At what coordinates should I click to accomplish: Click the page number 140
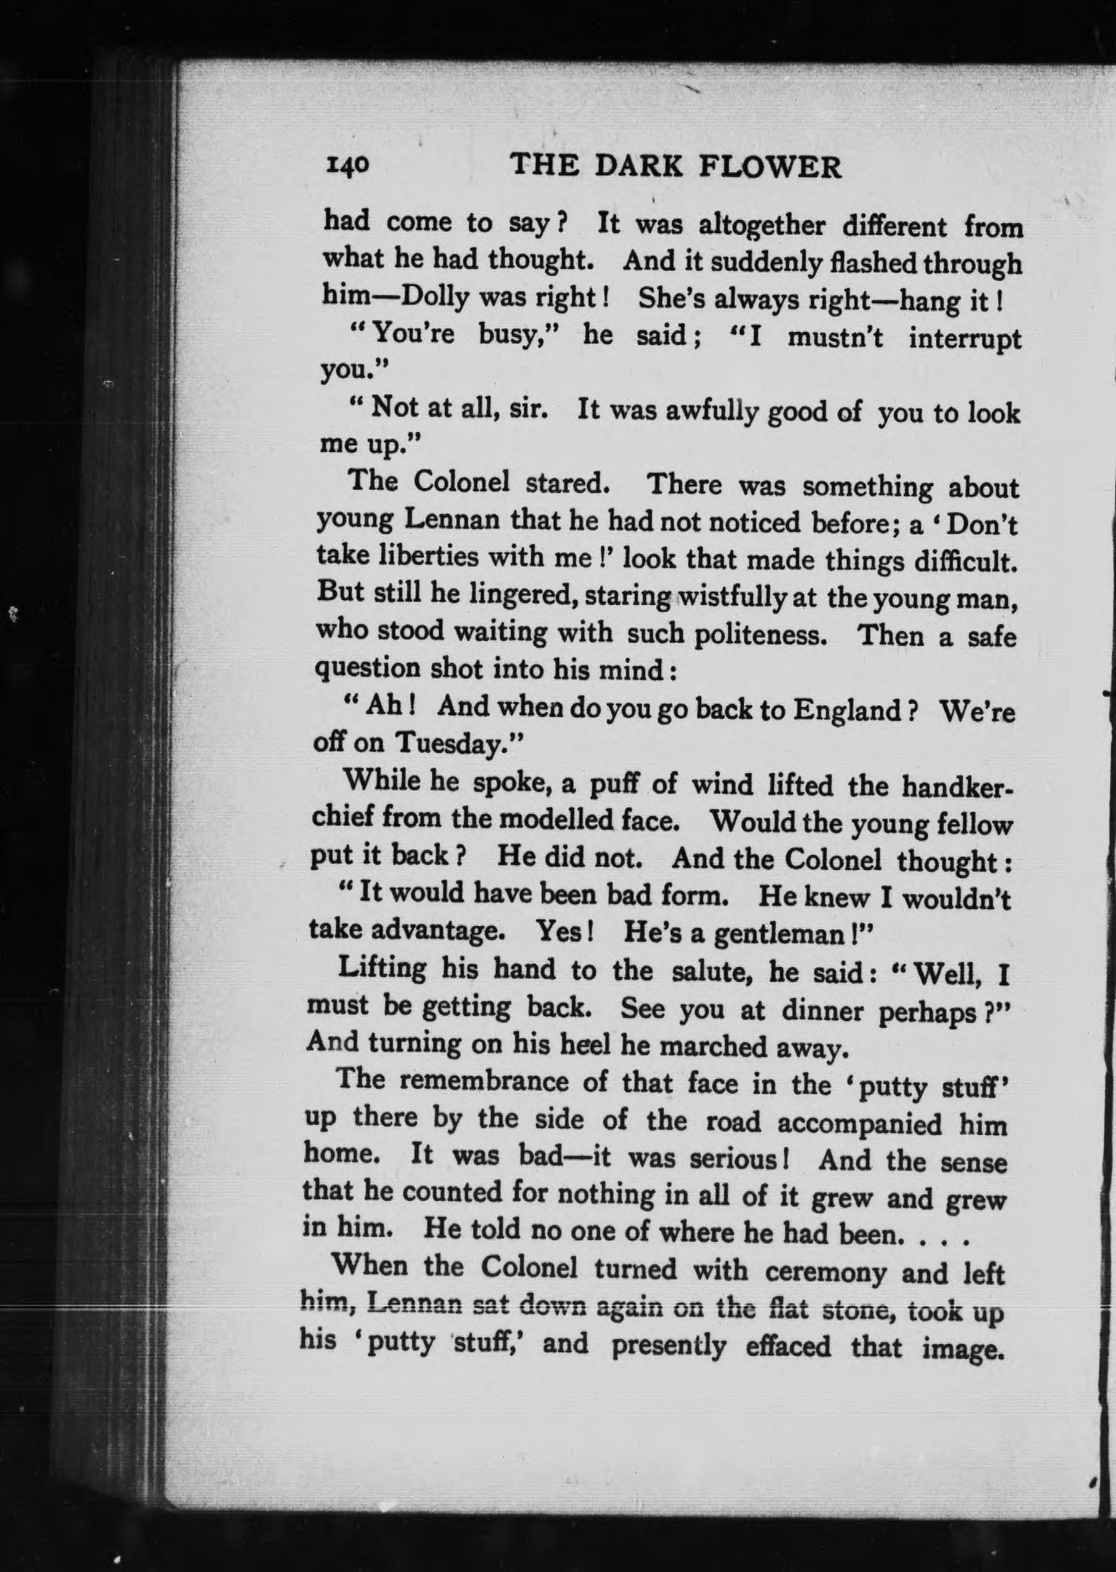pyautogui.click(x=345, y=165)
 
